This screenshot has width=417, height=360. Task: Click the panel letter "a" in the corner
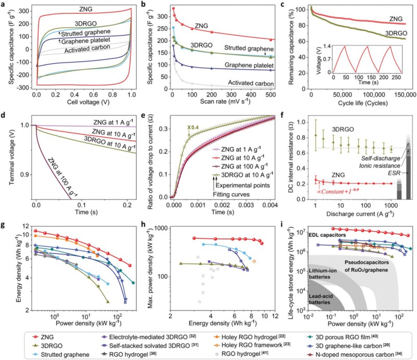4,4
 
